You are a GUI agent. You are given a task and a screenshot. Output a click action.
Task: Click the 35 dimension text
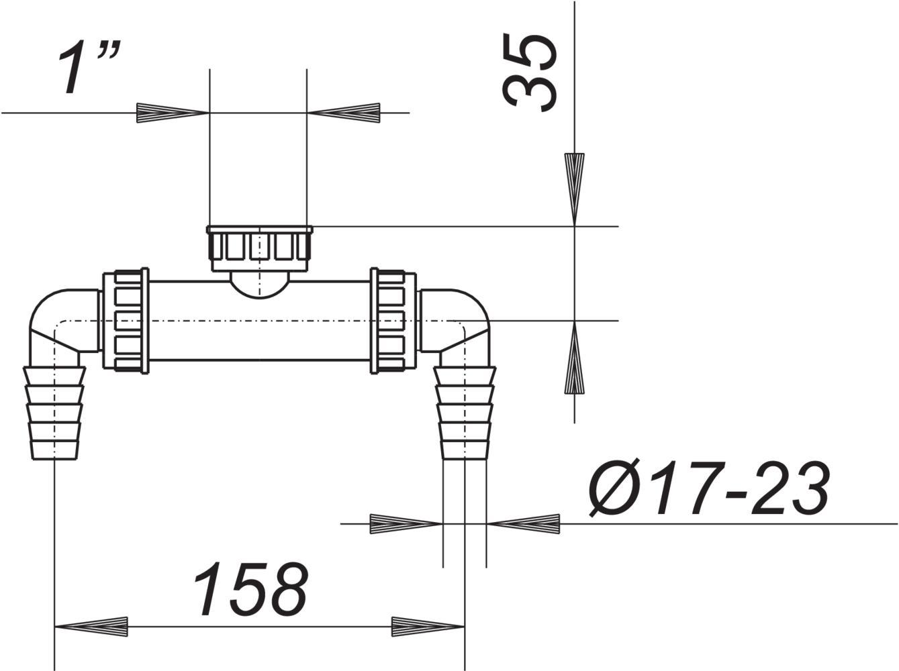click(530, 72)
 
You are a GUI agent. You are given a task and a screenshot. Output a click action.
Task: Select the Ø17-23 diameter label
click(709, 489)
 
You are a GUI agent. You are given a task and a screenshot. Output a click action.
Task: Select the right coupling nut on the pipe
click(393, 320)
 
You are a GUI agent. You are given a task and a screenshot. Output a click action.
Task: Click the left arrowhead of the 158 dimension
click(91, 627)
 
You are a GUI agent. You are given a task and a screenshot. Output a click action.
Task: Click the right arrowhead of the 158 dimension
click(428, 627)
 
